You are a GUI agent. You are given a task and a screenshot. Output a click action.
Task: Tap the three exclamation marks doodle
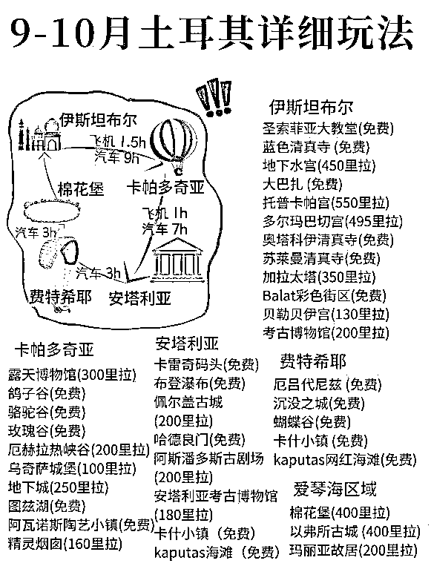(215, 97)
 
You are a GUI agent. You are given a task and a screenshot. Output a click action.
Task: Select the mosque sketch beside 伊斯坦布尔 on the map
(39, 135)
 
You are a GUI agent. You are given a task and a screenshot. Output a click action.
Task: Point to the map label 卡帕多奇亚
(165, 187)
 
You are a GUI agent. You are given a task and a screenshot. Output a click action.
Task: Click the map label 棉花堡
(81, 189)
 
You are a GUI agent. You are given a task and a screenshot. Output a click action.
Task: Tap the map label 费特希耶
(60, 297)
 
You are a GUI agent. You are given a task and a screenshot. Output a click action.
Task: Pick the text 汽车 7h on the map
(165, 229)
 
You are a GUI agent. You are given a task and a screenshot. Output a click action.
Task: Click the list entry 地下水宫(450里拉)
(319, 165)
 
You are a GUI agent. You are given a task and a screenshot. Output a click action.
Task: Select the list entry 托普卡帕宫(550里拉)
(326, 203)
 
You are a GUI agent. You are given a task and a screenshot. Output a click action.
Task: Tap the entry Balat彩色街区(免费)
(324, 296)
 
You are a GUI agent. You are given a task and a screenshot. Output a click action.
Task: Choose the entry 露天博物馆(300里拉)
(72, 375)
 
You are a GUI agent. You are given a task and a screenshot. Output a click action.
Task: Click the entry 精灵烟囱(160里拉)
(65, 544)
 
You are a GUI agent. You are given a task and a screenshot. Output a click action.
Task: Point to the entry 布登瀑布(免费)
(200, 384)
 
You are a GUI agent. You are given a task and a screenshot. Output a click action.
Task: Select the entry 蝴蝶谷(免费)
(312, 421)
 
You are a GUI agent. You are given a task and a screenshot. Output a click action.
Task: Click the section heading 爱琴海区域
(335, 489)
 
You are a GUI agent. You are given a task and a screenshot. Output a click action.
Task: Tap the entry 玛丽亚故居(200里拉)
(354, 550)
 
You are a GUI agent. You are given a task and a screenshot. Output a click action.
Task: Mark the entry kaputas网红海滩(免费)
(345, 459)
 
